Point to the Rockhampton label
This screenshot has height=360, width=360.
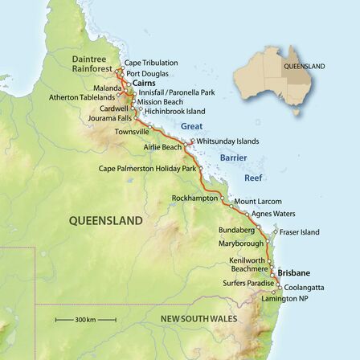189,198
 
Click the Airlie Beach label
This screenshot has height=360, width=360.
161,147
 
